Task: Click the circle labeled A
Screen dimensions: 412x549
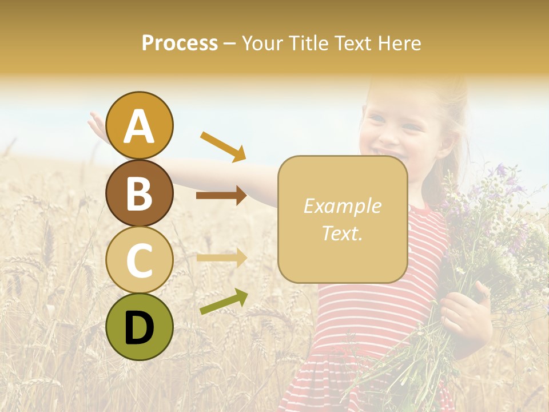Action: pos(140,125)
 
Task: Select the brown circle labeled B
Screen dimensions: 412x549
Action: pos(140,193)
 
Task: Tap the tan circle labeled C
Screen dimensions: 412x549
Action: pos(140,260)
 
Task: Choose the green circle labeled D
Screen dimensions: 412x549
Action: pos(140,327)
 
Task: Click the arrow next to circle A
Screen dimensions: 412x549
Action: pos(223,146)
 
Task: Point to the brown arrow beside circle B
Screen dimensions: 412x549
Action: pos(221,196)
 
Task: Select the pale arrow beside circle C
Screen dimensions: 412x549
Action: pos(221,257)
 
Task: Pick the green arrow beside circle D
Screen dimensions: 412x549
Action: pos(224,302)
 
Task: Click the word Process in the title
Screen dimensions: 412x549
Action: pos(180,43)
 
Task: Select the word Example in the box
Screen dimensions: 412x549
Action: pos(342,206)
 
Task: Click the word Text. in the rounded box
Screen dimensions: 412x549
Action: pos(342,233)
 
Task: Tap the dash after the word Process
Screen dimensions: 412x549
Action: pos(229,43)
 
